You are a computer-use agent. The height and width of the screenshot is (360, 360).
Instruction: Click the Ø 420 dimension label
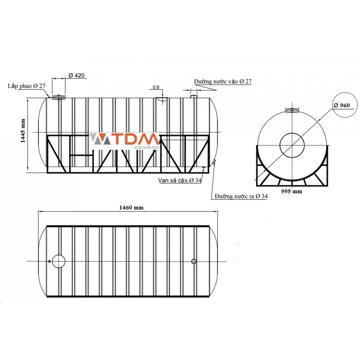click(x=76, y=75)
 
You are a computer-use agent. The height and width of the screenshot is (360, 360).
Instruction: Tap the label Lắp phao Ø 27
click(x=27, y=86)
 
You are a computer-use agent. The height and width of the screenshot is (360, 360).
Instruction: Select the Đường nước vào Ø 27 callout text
click(x=223, y=82)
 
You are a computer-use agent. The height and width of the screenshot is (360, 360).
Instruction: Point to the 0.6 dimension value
click(x=156, y=87)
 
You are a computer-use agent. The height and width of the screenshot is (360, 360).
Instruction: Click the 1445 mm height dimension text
click(x=23, y=131)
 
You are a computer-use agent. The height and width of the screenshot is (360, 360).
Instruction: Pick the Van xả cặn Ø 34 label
click(x=180, y=180)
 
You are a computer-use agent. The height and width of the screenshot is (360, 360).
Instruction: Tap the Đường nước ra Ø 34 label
click(x=241, y=196)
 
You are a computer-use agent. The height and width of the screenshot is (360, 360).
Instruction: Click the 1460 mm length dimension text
click(x=131, y=208)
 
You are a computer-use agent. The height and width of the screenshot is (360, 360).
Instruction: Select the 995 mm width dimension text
click(x=292, y=191)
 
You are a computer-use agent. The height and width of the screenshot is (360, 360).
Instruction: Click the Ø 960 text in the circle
click(x=342, y=105)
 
